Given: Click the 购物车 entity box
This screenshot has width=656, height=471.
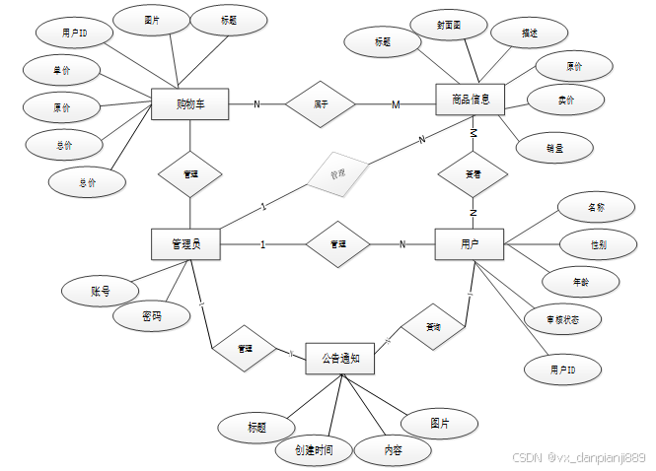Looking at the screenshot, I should point(190,103).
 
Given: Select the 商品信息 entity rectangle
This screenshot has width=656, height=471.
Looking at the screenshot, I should point(470,100).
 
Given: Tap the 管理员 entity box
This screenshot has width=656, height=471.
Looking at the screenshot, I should point(184,243).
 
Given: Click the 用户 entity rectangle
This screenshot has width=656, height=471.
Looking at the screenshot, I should point(469,243).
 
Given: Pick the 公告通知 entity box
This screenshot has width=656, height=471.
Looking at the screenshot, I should point(340,360).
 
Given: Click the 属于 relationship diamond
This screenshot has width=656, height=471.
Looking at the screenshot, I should point(321,103).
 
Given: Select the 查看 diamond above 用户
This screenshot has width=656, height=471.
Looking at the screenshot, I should point(474,173).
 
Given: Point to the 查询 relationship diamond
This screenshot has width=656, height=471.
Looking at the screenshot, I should point(434,327).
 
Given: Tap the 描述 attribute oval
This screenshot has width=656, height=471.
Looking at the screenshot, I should point(529,33).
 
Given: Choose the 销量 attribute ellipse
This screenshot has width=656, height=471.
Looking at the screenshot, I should point(554,147).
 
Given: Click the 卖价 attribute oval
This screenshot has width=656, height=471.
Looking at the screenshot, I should point(565,100).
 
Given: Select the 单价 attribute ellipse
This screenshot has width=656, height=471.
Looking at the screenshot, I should point(62,71).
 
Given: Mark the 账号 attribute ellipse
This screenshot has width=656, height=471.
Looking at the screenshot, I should point(100,291).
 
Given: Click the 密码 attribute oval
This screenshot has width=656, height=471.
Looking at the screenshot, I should point(151,317).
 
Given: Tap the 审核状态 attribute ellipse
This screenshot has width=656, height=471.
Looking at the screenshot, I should point(562,319).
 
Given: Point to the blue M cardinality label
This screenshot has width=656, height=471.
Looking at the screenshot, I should point(396,104).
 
